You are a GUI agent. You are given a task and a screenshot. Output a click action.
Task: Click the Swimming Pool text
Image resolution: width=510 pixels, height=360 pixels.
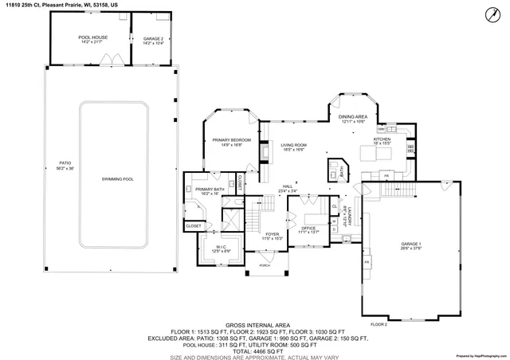117,179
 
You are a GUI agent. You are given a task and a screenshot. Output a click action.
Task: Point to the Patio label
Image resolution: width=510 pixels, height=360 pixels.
65,166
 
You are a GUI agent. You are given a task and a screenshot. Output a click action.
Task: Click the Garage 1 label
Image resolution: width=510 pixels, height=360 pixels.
410,245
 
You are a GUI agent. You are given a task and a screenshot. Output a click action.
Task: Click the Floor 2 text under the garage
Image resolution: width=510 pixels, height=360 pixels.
379,325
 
